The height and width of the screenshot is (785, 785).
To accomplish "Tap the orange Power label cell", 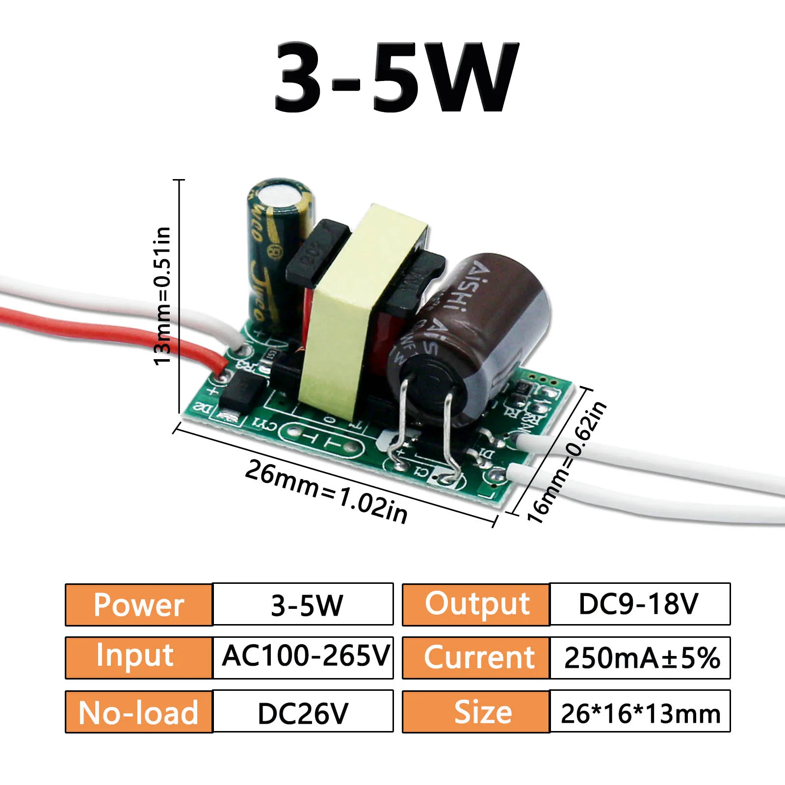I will (139, 604).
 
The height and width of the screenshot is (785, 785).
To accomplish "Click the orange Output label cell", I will (476, 604).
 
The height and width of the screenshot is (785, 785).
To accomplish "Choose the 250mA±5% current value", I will (640, 658).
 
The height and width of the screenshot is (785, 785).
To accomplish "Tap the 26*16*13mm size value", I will (640, 712).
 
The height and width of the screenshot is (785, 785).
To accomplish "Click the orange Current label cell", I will (476, 658).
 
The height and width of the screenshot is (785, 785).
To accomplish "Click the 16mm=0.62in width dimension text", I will (567, 462).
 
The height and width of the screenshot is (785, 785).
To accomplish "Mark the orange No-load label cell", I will (139, 712).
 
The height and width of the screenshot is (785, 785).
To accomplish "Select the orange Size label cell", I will (476, 712).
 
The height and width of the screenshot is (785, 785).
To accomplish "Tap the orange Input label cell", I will (139, 658).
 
